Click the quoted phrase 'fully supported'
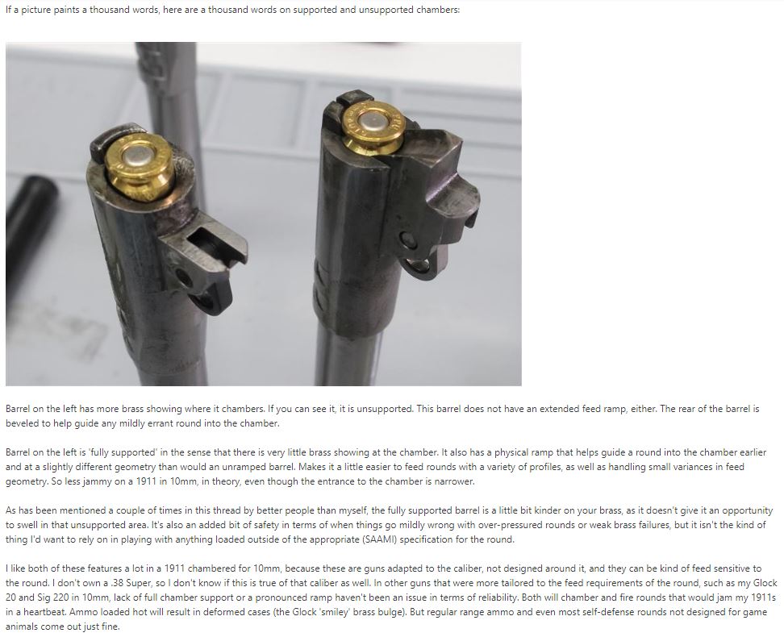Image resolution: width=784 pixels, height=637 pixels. pos(122,452)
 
